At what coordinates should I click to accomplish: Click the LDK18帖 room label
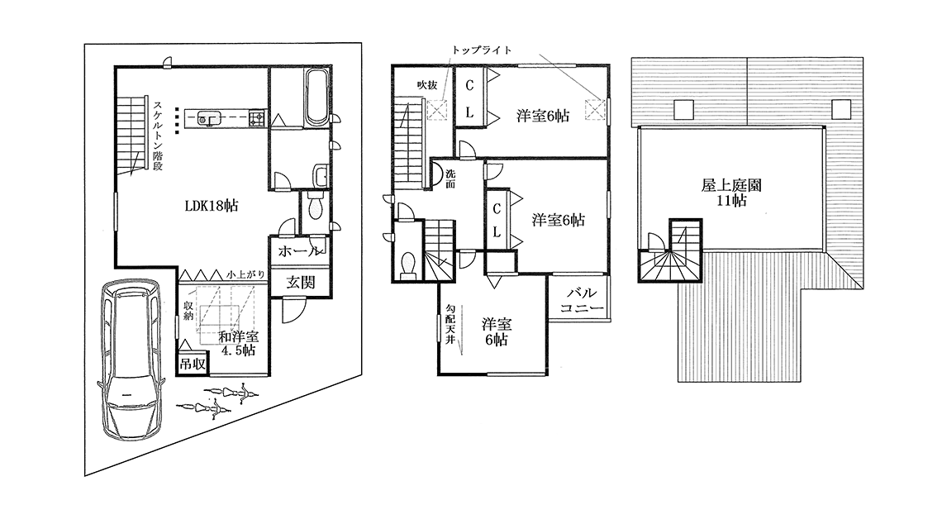pyautogui.click(x=211, y=207)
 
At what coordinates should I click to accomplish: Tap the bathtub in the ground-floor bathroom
pyautogui.click(x=317, y=98)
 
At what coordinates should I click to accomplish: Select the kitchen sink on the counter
pyautogui.click(x=208, y=119)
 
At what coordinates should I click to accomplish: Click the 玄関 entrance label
pyautogui.click(x=300, y=282)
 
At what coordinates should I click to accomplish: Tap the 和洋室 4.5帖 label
pyautogui.click(x=239, y=343)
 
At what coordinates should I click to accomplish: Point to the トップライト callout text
pyautogui.click(x=482, y=50)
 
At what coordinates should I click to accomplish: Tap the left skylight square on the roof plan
pyautogui.click(x=683, y=109)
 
